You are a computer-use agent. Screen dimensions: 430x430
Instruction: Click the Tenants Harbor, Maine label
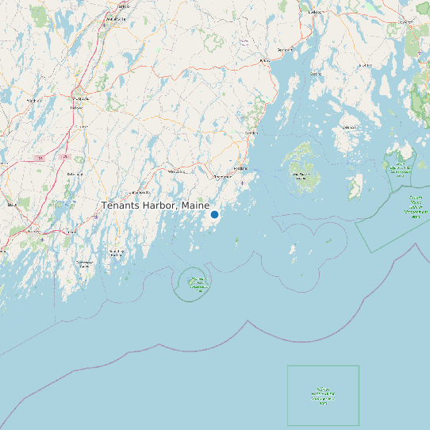pyautogui.click(x=155, y=205)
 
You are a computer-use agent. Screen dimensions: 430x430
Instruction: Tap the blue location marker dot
pyautogui.click(x=214, y=214)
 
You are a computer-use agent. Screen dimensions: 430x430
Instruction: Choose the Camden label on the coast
pyautogui.click(x=252, y=132)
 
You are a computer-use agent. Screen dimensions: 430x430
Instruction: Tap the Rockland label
pyautogui.click(x=240, y=169)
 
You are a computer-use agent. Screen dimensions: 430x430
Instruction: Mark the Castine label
pyautogui.click(x=316, y=74)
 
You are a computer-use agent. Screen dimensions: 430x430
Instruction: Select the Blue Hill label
pyautogui.click(x=366, y=64)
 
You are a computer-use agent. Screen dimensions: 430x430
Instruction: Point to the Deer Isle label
pyautogui.click(x=348, y=126)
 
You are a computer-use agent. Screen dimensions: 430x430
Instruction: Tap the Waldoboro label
pyautogui.click(x=176, y=171)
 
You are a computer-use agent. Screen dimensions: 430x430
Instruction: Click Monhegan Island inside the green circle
pyautogui.click(x=195, y=282)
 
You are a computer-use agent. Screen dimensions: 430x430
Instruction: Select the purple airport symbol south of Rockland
pyautogui.click(x=242, y=182)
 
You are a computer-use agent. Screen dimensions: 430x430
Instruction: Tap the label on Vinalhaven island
pyautogui.click(x=301, y=175)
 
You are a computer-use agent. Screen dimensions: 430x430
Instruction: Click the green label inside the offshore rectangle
pyautogui.click(x=323, y=395)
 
